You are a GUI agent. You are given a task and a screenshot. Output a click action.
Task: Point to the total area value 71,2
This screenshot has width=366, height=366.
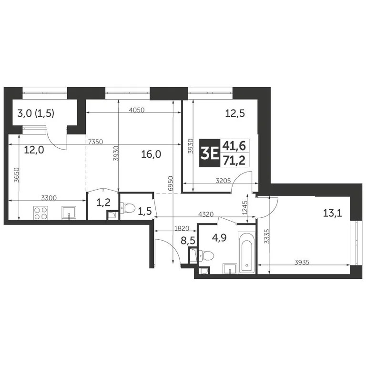coord(232,161)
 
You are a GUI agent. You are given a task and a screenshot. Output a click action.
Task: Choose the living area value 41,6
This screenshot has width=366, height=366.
coord(232,146)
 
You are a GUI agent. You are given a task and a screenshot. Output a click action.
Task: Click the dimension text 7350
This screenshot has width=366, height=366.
coord(96,141)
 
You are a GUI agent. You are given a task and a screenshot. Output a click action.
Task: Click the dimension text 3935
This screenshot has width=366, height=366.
coord(305,262)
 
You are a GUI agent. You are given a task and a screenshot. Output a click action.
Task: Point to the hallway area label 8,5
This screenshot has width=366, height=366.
coord(188,241)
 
